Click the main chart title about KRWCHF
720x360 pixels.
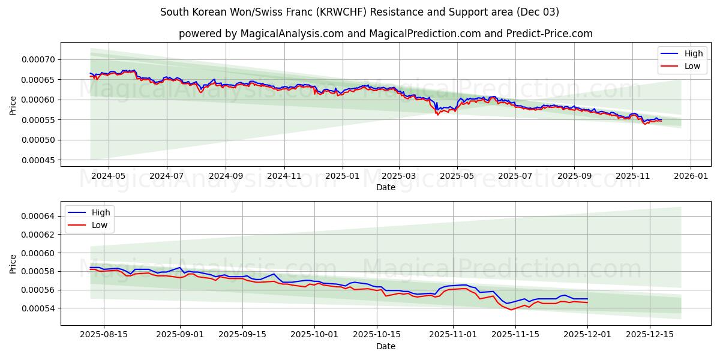pos(359,12)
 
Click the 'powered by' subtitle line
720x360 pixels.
pos(385,34)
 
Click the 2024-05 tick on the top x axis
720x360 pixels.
pos(108,177)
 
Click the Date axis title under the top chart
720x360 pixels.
pos(385,187)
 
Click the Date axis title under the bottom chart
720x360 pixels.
pos(385,346)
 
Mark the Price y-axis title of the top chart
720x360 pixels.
pos(13,106)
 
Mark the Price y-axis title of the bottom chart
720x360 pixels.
pos(13,264)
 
